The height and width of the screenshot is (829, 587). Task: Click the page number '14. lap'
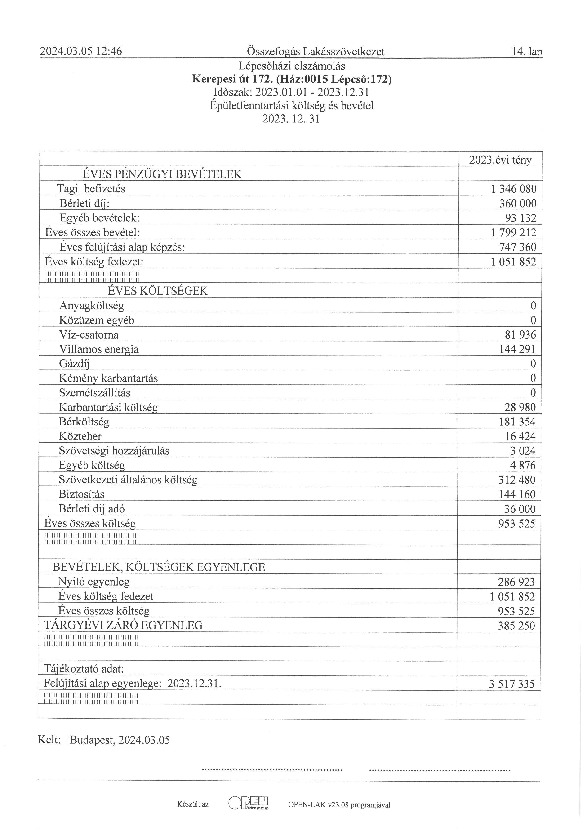tap(527, 52)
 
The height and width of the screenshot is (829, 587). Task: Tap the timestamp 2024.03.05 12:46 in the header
tap(81, 52)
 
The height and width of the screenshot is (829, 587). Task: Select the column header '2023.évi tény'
tap(500, 160)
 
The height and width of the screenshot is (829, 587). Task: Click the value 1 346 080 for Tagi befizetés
tap(513, 189)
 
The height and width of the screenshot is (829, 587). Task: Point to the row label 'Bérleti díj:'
tap(84, 204)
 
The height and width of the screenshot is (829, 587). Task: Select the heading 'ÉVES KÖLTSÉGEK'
tap(158, 291)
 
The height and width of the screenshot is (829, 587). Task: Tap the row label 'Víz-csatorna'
tap(89, 335)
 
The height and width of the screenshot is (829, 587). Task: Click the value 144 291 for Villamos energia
tap(517, 349)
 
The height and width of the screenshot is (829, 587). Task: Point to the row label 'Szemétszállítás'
tap(95, 393)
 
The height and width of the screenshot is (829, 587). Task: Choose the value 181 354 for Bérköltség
tap(517, 422)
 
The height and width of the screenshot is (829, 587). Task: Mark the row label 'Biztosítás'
tap(82, 494)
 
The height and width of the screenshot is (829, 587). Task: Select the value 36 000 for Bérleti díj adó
tap(520, 509)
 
